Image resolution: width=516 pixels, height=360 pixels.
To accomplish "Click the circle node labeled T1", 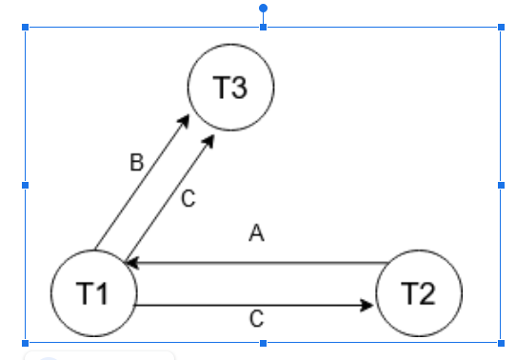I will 92,293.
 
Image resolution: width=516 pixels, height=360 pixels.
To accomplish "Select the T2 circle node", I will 420,293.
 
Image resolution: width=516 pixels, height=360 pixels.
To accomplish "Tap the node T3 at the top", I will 230,88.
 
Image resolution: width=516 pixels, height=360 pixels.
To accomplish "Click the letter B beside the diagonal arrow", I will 136,163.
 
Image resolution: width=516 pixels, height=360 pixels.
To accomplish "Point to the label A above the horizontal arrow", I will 255,233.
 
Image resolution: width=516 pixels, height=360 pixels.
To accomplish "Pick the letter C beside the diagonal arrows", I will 188,199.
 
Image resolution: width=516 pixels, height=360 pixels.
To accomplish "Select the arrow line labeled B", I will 141,182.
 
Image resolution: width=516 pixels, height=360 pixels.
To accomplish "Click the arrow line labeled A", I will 257,262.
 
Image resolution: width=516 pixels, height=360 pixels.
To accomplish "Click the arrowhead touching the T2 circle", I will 369,306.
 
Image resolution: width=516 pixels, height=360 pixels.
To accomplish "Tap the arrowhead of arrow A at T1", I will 132,262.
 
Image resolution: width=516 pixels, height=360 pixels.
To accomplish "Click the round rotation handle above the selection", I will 263,9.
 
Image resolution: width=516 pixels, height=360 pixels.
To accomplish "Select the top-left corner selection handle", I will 26,27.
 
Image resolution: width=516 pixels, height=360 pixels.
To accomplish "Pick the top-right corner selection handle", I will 501,27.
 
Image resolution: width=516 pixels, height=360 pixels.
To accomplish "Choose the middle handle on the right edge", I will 501,185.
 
